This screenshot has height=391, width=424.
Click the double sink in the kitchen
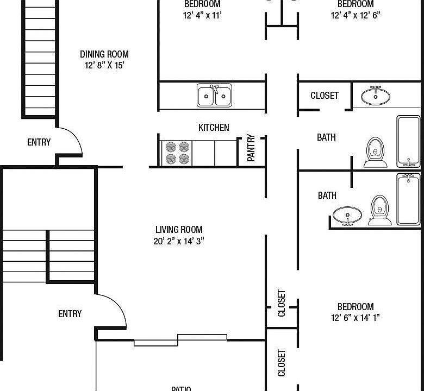[214, 95]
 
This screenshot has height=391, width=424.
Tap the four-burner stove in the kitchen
[178, 153]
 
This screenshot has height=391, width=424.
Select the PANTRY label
[251, 148]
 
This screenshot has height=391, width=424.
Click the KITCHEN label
[214, 128]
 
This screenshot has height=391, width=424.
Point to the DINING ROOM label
[104, 54]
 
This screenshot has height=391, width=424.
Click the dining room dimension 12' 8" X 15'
[104, 65]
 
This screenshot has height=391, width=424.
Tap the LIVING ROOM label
[179, 230]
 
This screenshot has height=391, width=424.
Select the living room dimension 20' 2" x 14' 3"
[179, 241]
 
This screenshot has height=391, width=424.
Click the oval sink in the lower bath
[347, 215]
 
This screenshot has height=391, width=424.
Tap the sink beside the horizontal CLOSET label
[376, 96]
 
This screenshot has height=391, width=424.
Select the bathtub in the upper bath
[408, 141]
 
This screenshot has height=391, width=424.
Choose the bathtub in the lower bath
[408, 199]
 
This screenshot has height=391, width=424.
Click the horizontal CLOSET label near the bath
[325, 96]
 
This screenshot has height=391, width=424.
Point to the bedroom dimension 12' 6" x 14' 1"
[356, 318]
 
